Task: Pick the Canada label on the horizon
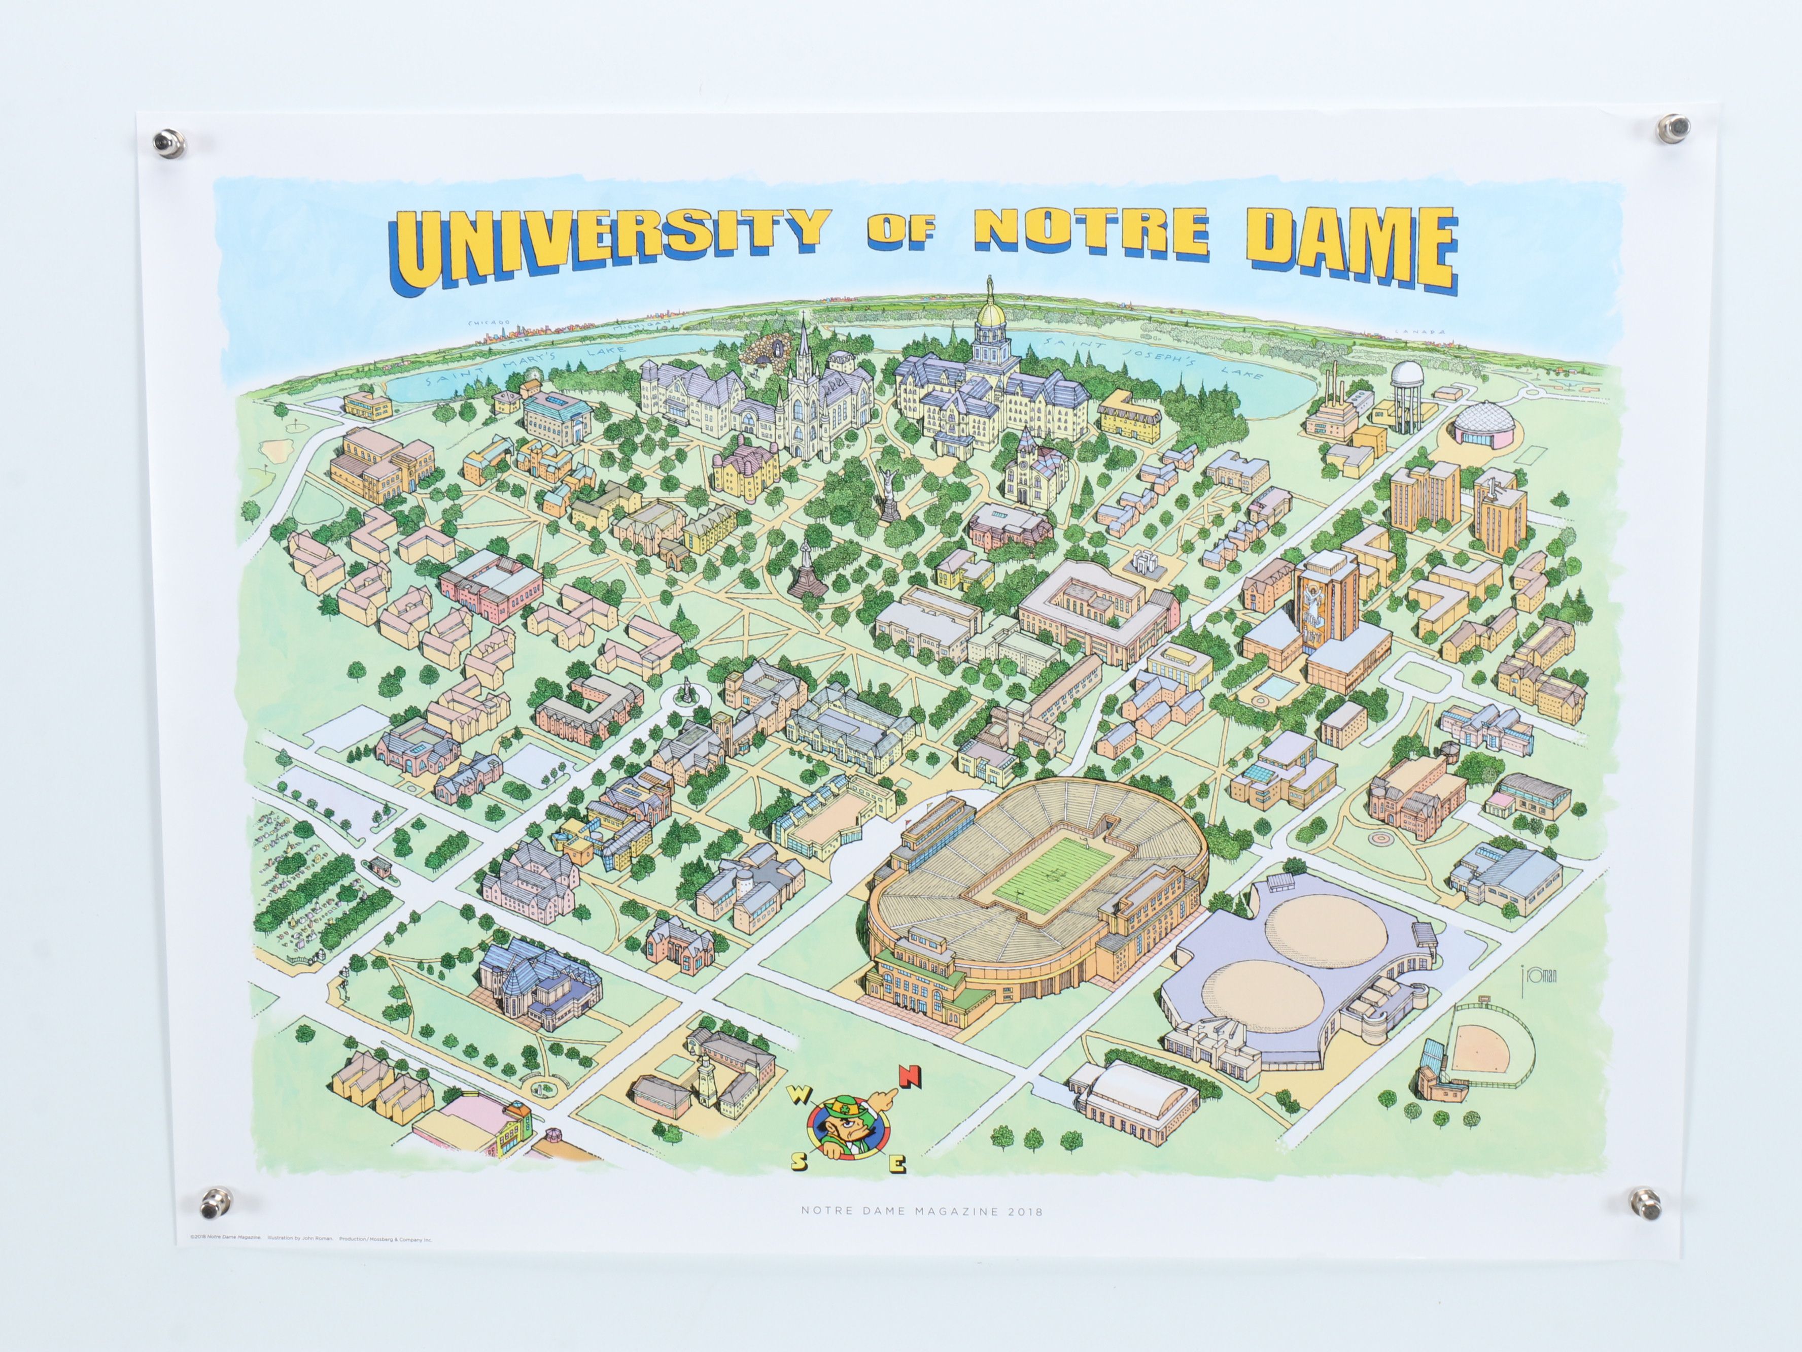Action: point(1408,332)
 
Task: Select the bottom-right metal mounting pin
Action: point(1645,1204)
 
